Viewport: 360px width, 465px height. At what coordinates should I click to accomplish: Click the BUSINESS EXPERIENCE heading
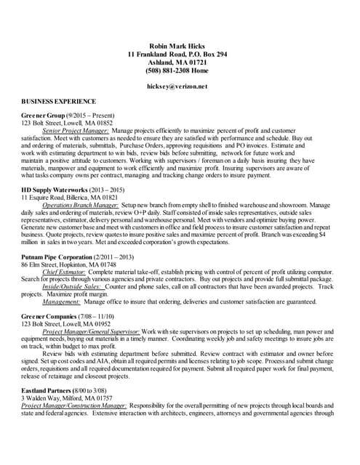59,101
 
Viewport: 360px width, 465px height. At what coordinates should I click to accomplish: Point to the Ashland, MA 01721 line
177,62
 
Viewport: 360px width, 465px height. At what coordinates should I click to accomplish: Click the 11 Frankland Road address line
177,54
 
